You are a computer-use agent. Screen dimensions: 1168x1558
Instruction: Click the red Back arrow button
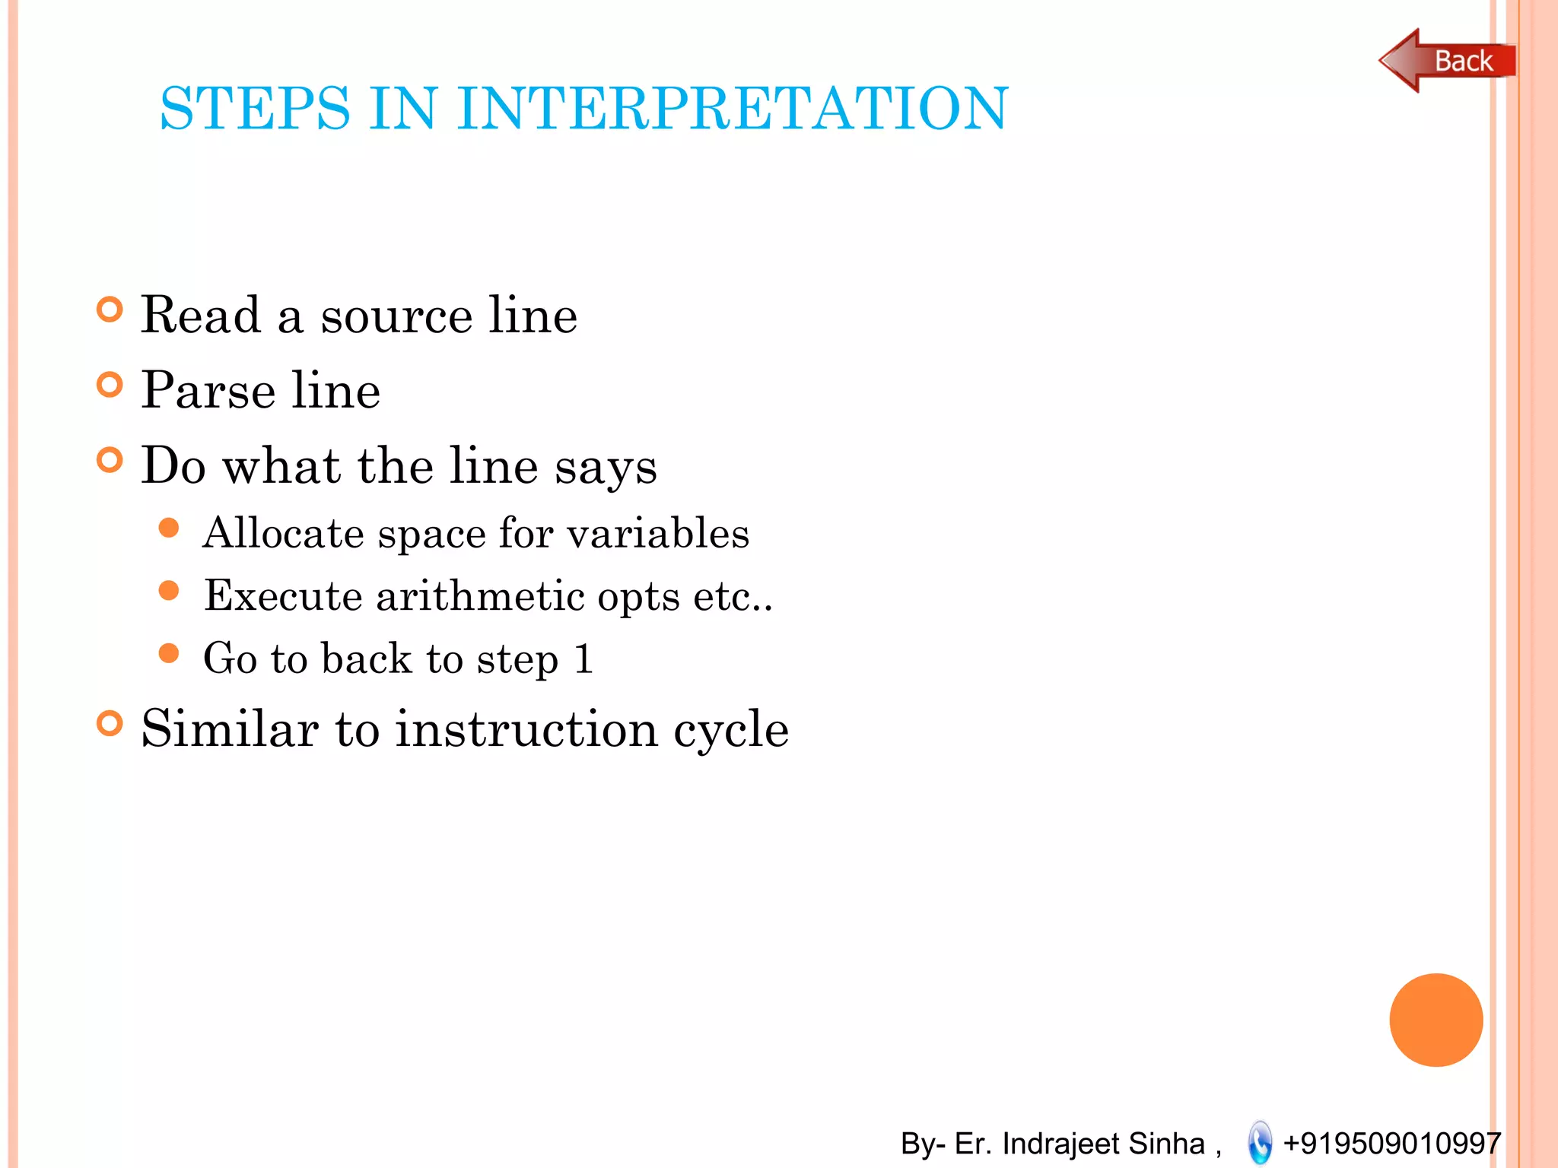(x=1445, y=61)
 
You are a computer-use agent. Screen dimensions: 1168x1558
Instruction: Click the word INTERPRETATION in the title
(x=732, y=109)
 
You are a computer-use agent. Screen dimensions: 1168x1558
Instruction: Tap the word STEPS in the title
(x=255, y=109)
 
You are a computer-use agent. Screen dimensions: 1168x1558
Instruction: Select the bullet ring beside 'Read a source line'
(x=110, y=309)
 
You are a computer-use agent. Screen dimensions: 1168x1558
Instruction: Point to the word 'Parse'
(x=208, y=391)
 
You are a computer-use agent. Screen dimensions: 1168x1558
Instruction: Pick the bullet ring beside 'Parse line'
(x=110, y=385)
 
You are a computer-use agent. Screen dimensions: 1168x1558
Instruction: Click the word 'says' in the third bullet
(x=605, y=467)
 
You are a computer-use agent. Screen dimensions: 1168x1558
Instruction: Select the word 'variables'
(x=658, y=532)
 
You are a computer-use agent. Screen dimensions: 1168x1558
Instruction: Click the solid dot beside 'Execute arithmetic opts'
(x=169, y=591)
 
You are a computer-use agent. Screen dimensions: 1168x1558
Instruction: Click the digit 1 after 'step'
(x=583, y=658)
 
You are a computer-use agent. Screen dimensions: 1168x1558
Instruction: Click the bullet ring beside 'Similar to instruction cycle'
(x=110, y=723)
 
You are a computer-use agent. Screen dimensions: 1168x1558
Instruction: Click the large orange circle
(x=1436, y=1020)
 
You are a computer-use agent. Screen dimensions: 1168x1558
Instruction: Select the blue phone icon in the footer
(x=1260, y=1142)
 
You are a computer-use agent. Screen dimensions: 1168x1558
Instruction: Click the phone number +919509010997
(x=1391, y=1143)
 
